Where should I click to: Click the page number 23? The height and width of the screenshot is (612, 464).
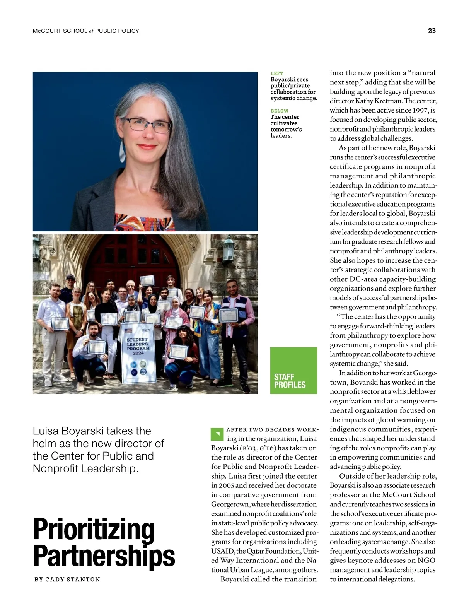[x=432, y=31]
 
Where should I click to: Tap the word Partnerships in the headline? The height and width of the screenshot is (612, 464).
[x=104, y=556]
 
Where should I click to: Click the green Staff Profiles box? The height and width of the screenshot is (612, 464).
[x=293, y=370]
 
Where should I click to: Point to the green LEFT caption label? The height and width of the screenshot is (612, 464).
[x=277, y=73]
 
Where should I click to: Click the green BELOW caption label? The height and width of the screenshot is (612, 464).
[x=280, y=111]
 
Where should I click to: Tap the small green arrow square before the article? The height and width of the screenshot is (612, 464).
[x=217, y=434]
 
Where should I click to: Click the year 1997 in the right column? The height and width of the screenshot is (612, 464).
[x=420, y=110]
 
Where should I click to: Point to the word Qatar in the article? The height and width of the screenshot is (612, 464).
[x=257, y=551]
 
